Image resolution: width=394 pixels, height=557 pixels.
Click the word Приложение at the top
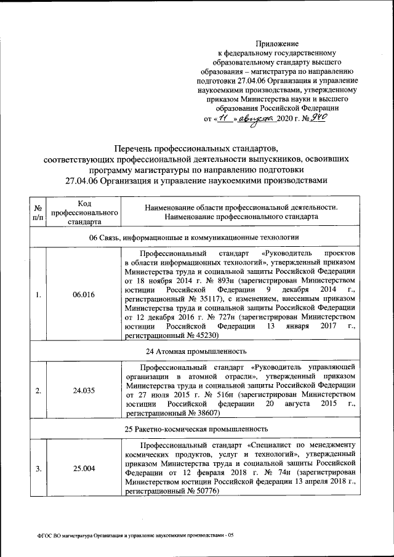point(277,44)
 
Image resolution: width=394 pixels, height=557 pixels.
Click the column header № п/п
point(38,212)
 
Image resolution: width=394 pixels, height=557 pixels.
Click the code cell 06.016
point(83,295)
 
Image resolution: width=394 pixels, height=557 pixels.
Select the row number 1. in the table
point(38,295)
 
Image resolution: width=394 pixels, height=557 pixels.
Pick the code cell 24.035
point(83,390)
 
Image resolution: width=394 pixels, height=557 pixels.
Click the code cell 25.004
point(83,468)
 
